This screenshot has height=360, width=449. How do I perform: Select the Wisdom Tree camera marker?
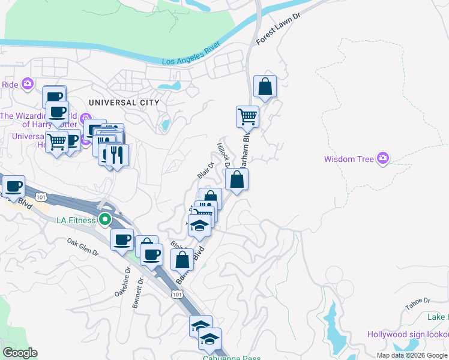(x=383, y=159)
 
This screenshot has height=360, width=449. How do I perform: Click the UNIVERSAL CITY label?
(x=124, y=103)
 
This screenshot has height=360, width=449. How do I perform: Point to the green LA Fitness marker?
(x=105, y=220)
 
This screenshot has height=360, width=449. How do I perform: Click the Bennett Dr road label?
(x=137, y=292)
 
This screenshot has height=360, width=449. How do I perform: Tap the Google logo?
(x=20, y=353)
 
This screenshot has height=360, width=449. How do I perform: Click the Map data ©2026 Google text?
(x=412, y=355)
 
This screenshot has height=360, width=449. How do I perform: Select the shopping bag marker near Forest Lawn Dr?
(x=265, y=88)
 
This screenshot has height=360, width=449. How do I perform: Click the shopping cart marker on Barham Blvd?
(x=247, y=116)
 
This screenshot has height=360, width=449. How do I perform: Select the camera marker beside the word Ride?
(x=27, y=84)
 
